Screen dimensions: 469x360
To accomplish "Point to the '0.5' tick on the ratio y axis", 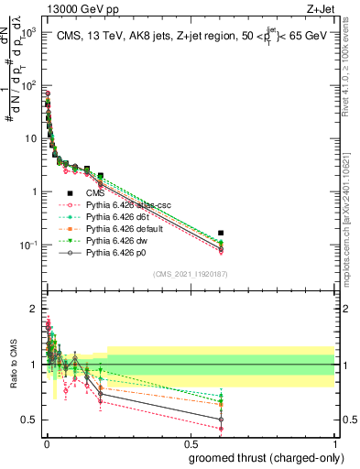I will click(x=28, y=420).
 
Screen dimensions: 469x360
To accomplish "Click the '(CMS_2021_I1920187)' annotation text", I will click(x=190, y=274).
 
